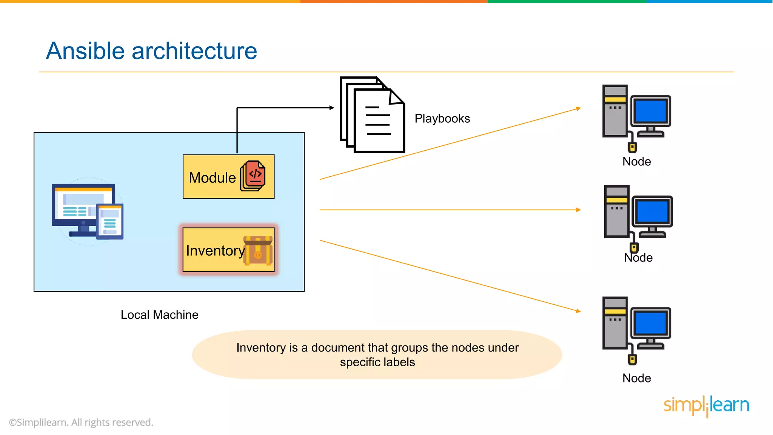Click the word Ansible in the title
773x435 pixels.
tap(85, 51)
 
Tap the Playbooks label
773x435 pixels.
tap(442, 119)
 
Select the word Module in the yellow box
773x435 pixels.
tap(212, 177)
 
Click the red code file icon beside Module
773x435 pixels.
tap(253, 176)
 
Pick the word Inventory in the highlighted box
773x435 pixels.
tap(215, 250)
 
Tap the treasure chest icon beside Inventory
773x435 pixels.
tap(258, 251)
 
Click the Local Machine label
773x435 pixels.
tap(159, 315)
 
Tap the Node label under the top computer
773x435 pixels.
tap(636, 162)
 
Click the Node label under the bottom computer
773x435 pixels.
tap(636, 378)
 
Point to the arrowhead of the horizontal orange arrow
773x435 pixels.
tap(579, 210)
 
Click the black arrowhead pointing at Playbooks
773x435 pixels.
tap(332, 108)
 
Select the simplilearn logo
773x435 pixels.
tap(706, 406)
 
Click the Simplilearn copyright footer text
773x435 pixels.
tap(81, 422)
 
